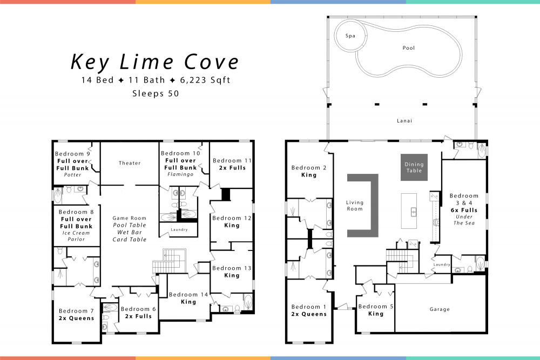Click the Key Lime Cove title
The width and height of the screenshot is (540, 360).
(154, 62)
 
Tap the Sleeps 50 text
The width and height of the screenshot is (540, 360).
(156, 93)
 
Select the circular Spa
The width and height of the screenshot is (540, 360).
(350, 36)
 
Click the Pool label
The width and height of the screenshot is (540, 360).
(408, 48)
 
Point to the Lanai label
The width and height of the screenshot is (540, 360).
(404, 120)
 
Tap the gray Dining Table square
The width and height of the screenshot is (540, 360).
(414, 167)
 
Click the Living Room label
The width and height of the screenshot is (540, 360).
(355, 206)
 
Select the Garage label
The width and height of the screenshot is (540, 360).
(440, 309)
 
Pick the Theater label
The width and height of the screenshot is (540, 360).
(130, 163)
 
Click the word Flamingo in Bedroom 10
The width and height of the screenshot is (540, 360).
(180, 174)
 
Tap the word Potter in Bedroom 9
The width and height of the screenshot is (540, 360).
(73, 175)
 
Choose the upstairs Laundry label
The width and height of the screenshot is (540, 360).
(179, 229)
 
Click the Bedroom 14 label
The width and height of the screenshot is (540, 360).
(188, 295)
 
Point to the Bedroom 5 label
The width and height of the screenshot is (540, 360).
(376, 307)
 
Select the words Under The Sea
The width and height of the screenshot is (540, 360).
(464, 220)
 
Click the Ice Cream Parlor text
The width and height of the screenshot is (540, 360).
(76, 236)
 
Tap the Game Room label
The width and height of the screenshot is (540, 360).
(129, 218)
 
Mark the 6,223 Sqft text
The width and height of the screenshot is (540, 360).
(205, 80)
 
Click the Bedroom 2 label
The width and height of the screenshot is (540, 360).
(308, 168)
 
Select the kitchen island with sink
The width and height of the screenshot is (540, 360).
(409, 211)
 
